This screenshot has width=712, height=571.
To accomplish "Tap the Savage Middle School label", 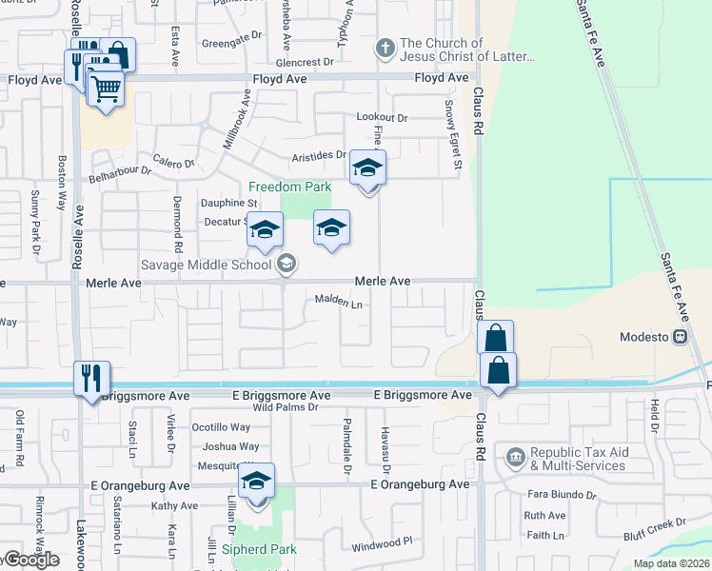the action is pyautogui.click(x=208, y=264).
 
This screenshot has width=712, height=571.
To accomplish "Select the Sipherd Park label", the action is pyautogui.click(x=259, y=549).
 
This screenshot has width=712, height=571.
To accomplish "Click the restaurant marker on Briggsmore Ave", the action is pyautogui.click(x=91, y=379).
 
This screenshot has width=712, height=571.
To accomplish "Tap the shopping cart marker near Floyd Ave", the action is pyautogui.click(x=106, y=89).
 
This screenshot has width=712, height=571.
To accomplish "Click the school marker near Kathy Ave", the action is pyautogui.click(x=256, y=482).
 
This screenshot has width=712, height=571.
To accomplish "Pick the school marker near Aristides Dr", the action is pyautogui.click(x=367, y=169).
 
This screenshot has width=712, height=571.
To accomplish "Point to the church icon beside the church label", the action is pyautogui.click(x=386, y=47).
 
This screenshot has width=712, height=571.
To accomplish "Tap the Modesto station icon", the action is pyautogui.click(x=681, y=337).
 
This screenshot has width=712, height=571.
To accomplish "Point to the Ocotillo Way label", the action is pyautogui.click(x=221, y=427).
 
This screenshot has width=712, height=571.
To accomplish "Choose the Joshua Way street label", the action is pyautogui.click(x=230, y=446).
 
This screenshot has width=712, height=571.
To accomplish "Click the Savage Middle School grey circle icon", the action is pyautogui.click(x=287, y=264).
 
